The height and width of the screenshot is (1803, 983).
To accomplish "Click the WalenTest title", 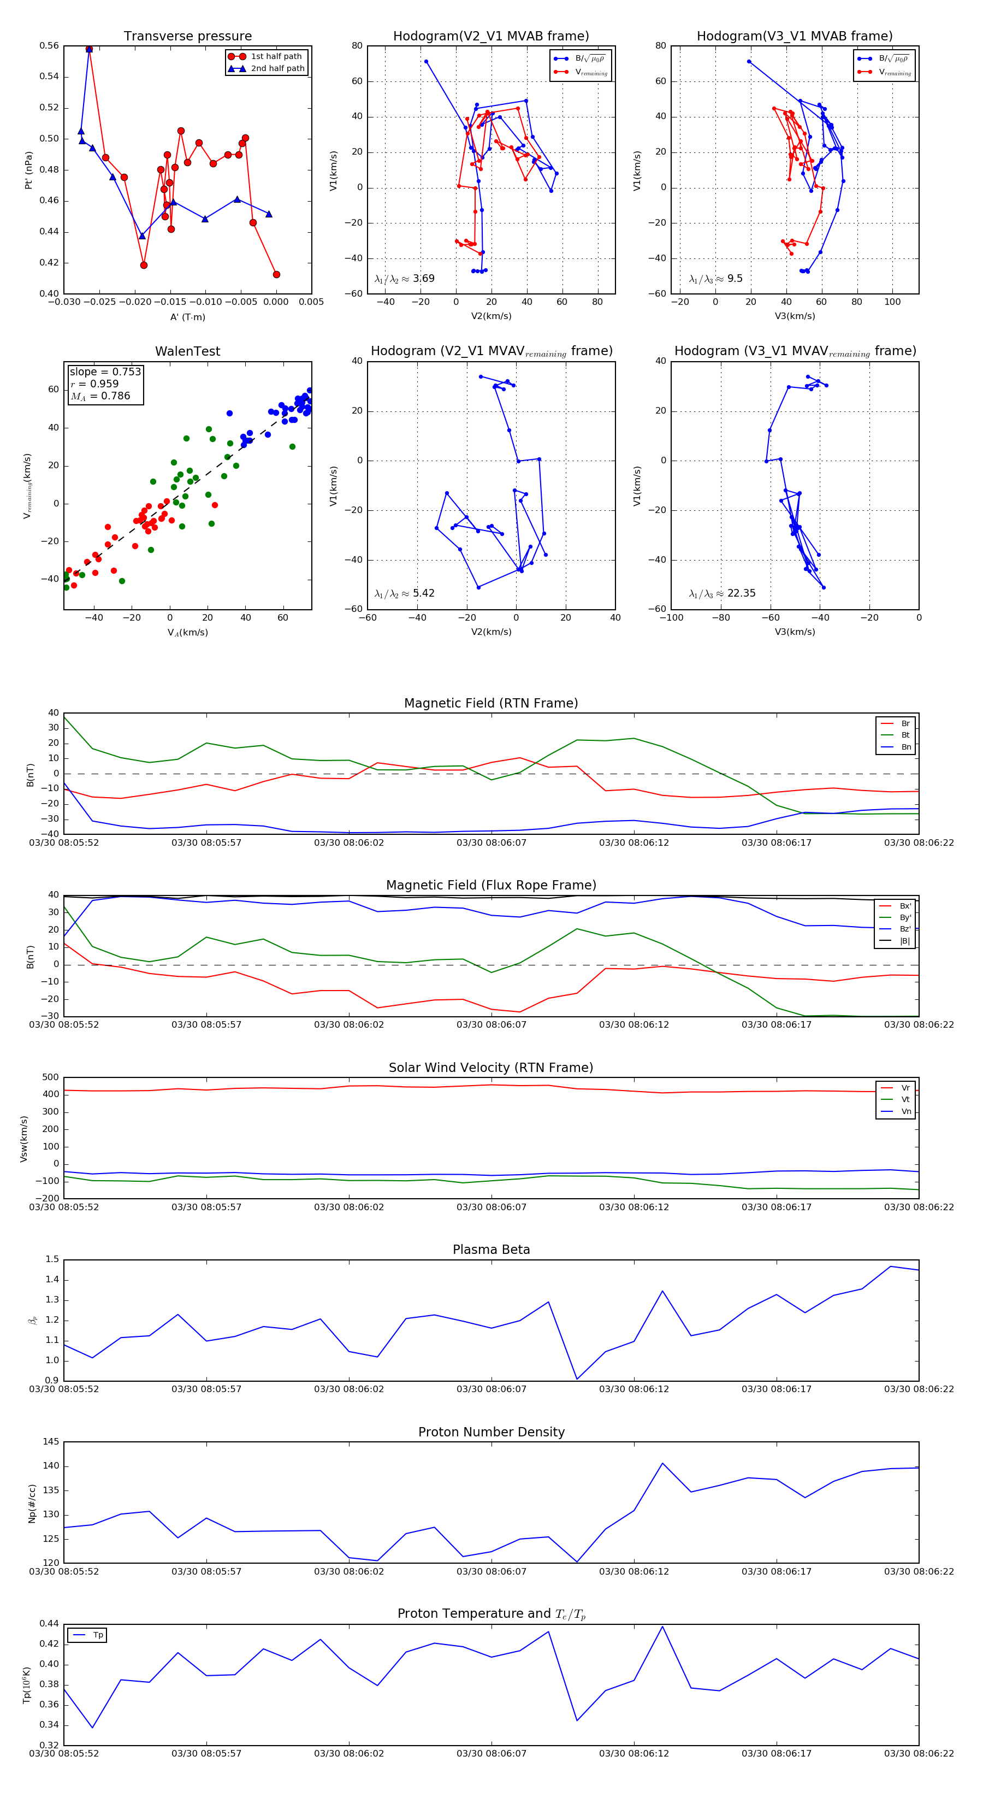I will tap(187, 351).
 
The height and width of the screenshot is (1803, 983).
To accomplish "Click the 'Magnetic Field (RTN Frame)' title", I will tap(491, 703).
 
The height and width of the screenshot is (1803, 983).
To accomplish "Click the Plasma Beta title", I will tap(491, 1250).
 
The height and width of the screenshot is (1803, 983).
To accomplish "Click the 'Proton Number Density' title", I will tap(491, 1432).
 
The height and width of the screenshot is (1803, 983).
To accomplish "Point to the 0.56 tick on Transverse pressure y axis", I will tap(49, 46).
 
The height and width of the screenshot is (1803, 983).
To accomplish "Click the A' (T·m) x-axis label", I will tap(187, 317).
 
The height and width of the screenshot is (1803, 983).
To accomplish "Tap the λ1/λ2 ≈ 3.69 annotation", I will tap(404, 279).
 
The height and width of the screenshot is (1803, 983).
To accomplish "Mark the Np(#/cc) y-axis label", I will tap(32, 1504).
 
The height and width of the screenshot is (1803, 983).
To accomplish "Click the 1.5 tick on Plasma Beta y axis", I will tap(52, 1259).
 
